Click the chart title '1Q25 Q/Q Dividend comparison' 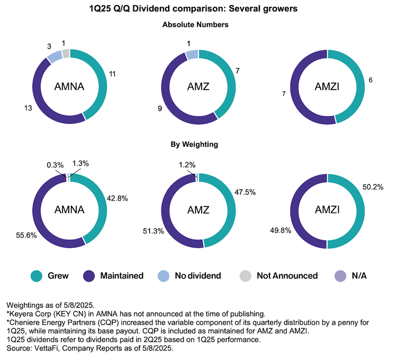[x=198, y=9]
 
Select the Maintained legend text [x=122, y=276]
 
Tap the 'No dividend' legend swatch [x=164, y=275]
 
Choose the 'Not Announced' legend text [x=287, y=276]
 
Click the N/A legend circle [x=340, y=275]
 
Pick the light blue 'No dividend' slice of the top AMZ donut [x=192, y=54]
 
